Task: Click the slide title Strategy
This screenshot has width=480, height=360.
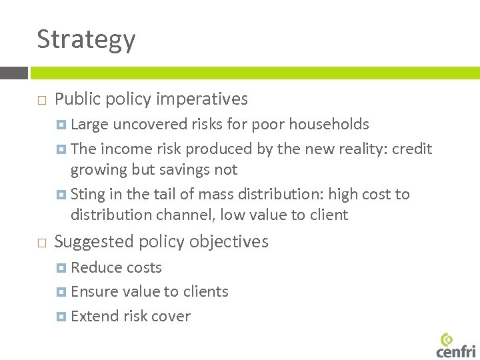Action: [86, 40]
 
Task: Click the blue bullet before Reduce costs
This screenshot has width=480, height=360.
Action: [62, 268]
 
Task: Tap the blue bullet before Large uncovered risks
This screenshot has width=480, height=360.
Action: [62, 125]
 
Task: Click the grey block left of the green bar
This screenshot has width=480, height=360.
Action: [13, 73]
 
